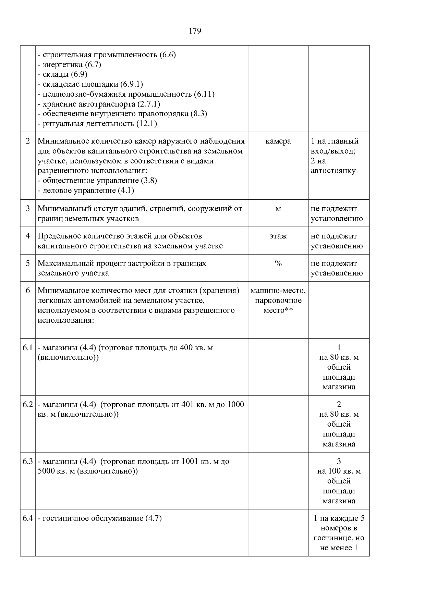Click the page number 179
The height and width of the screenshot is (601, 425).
click(195, 31)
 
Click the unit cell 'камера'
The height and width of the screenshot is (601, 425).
click(278, 141)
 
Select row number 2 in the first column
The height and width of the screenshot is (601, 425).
click(28, 141)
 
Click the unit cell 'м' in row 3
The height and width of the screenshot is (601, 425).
click(278, 209)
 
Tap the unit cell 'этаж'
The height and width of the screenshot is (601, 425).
click(278, 236)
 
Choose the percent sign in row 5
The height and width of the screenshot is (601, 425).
click(278, 263)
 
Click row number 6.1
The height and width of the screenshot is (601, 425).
click(28, 348)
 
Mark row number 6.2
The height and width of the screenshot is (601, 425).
click(28, 405)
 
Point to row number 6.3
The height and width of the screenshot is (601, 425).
click(28, 462)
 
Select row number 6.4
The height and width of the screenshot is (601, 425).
click(28, 518)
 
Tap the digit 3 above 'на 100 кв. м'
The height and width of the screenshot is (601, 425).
click(339, 462)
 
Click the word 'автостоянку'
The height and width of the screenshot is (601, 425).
click(333, 171)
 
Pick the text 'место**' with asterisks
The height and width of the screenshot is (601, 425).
click(278, 310)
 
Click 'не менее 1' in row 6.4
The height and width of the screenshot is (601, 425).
click(339, 548)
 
